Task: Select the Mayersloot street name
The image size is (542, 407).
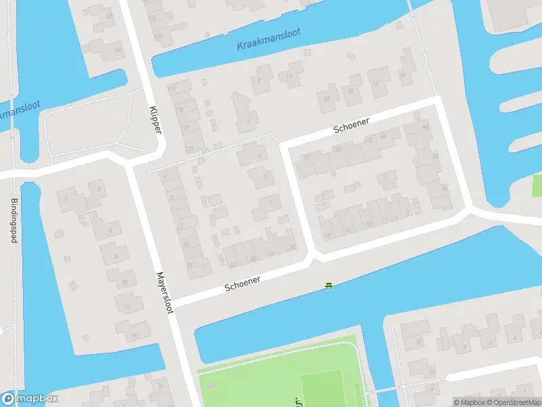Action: coord(165,293)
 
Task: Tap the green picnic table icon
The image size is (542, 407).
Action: coord(329,287)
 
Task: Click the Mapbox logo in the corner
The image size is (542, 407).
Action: coord(30,399)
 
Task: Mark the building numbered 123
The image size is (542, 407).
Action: coord(188,149)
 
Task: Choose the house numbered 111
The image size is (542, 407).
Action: coord(171,90)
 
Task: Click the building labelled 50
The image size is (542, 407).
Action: coord(434,155)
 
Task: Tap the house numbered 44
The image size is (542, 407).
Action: coord(383,136)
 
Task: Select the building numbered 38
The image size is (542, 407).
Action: coord(337,149)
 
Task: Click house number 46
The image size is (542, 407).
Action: coord(425,127)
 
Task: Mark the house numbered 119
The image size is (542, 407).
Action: coord(184,128)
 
